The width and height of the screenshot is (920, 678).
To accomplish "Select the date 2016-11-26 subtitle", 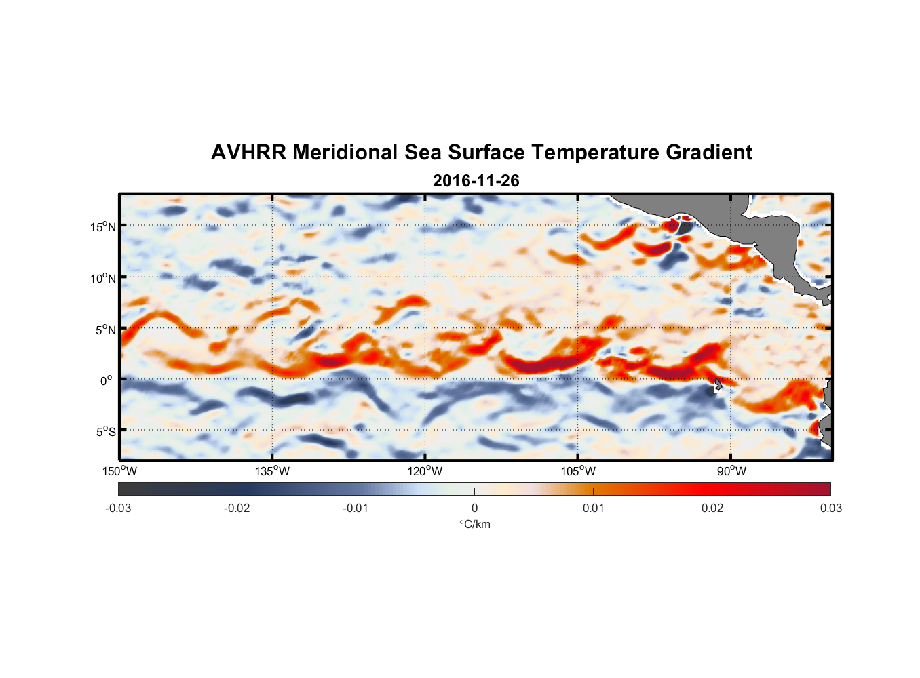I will point(476,181).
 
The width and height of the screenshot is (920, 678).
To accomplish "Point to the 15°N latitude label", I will point(103,226).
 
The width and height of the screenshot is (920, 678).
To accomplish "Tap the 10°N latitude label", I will point(103,278).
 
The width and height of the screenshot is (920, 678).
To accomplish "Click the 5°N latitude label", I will point(106,330).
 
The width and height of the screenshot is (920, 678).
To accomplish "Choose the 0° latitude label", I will point(107,381).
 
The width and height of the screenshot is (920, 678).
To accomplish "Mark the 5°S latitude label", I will point(106,432).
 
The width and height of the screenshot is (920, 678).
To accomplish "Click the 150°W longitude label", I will point(120,472).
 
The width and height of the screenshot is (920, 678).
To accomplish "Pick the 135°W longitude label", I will point(273,472).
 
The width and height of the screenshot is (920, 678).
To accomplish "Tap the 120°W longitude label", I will point(425,472).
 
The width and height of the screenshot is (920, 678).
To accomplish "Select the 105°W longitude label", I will point(579,472).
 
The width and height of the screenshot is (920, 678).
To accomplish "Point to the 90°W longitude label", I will point(731,472).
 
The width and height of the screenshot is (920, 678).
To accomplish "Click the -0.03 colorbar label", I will point(118,509).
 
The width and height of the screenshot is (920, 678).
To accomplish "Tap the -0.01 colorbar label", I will point(356,509).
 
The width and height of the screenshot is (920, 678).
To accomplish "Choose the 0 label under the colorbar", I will point(474,509).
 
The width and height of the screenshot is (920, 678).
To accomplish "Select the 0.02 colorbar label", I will point(712,509).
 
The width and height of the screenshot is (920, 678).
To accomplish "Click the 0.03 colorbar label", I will point(830,509).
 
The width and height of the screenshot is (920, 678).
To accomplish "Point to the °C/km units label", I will point(475,525).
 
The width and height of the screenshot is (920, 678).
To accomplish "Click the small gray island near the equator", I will point(718,384).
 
